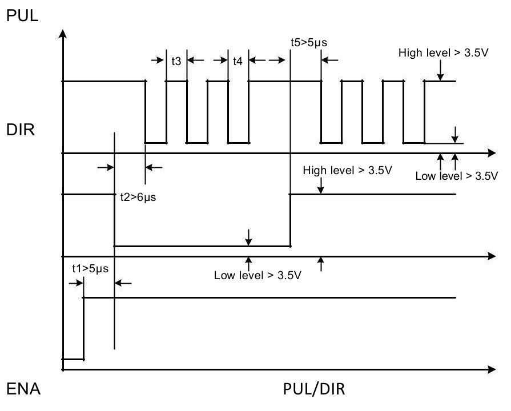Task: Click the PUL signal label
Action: coord(22,15)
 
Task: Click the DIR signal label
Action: coord(20,130)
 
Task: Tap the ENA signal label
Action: coord(23,389)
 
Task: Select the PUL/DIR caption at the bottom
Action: coord(314,389)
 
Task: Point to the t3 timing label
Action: coord(176,61)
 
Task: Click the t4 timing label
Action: coord(238,61)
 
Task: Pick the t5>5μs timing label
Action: coord(309,42)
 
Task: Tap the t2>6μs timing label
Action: coord(138,197)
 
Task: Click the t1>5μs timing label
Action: coord(90,268)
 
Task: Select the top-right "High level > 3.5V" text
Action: coord(443,53)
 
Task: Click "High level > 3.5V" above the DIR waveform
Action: coord(347,170)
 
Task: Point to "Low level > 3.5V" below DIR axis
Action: coord(257,275)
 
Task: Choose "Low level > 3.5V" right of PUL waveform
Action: coord(457,176)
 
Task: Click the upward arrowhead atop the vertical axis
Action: coord(63,33)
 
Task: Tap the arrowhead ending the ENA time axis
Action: coord(492,369)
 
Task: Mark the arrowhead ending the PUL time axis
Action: coord(492,153)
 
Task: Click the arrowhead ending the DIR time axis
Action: coord(492,256)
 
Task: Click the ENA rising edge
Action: coord(83,329)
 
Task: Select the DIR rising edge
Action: coord(290,220)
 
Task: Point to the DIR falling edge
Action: coord(114,220)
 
